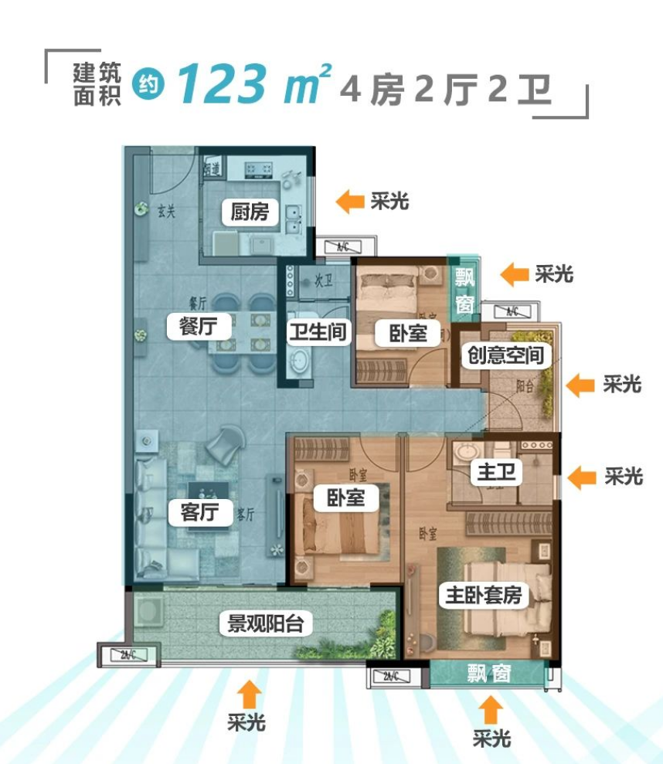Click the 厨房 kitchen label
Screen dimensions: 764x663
coord(249,212)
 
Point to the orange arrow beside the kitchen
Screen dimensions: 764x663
coord(350,202)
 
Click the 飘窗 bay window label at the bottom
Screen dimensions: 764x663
coord(488,674)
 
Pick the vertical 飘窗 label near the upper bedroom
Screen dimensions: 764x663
coord(464,290)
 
